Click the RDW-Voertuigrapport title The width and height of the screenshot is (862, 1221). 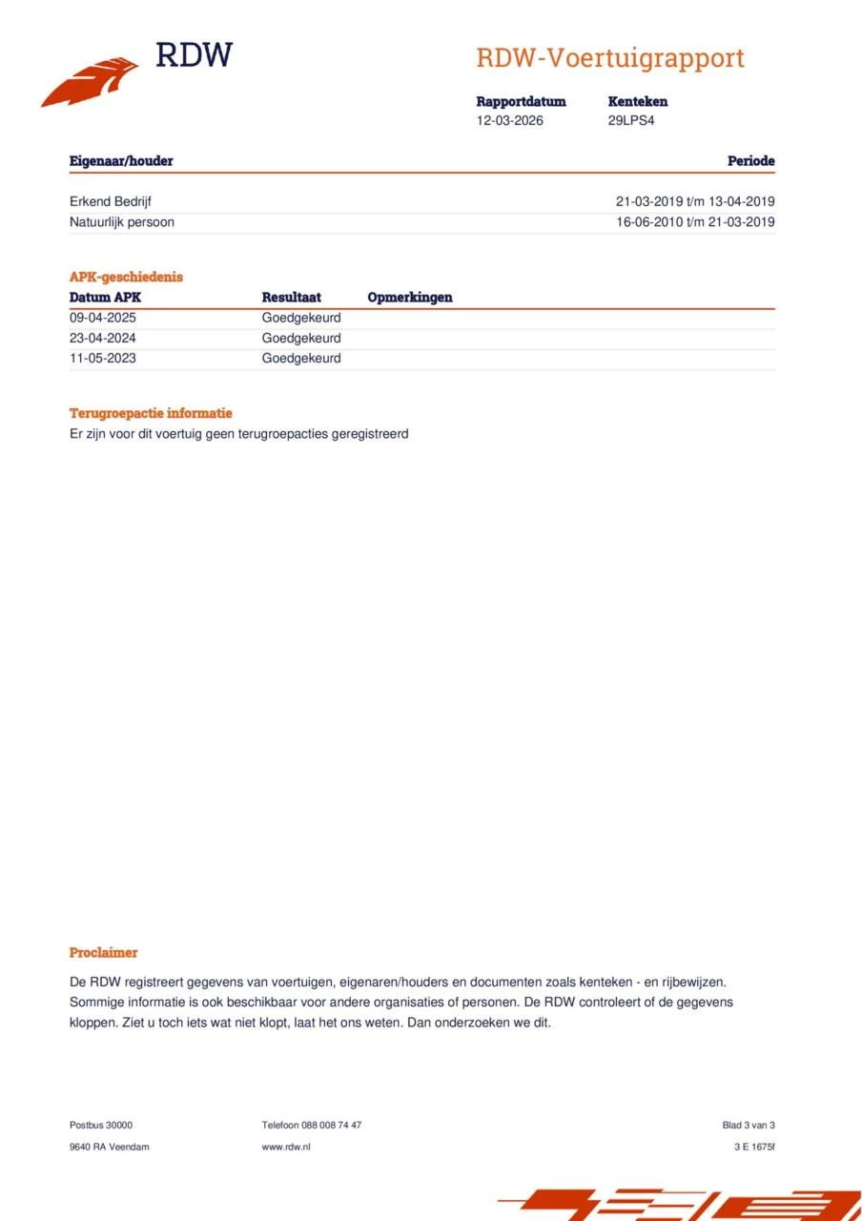click(x=610, y=58)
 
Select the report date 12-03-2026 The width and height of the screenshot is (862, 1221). click(x=510, y=121)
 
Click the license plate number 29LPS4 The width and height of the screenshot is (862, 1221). click(x=631, y=121)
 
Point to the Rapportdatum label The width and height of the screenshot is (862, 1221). click(x=521, y=101)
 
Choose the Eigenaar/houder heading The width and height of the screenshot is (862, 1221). click(x=121, y=161)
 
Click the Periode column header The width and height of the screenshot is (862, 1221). click(x=750, y=161)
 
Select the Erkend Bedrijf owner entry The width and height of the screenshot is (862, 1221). click(x=111, y=201)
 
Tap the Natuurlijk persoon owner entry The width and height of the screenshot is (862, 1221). click(x=122, y=222)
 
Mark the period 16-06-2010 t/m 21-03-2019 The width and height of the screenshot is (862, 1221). click(x=695, y=222)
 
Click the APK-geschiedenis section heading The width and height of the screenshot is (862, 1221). click(x=126, y=277)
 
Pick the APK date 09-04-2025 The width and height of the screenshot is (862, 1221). click(x=103, y=318)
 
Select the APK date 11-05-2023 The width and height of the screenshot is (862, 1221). click(x=103, y=359)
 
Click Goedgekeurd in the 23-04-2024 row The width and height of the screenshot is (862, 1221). click(x=301, y=339)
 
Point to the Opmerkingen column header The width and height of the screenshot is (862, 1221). click(x=410, y=298)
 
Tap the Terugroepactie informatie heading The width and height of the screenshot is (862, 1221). click(x=151, y=413)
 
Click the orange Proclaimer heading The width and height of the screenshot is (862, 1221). click(x=103, y=952)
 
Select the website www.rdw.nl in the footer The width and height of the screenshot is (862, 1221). click(x=286, y=1147)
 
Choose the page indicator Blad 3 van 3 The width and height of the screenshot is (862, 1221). click(x=749, y=1126)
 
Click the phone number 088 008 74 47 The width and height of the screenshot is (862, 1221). click(x=331, y=1126)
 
